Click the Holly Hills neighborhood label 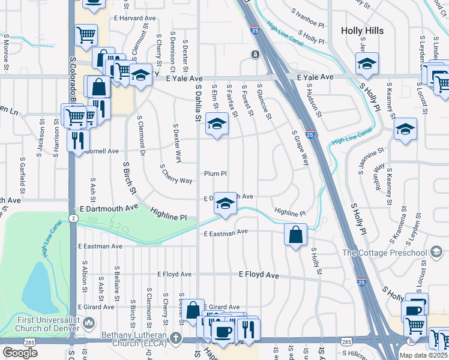tap(362, 30)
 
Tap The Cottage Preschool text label tap(384, 252)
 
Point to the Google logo tap(20, 353)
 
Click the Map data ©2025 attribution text tap(423, 356)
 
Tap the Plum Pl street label tap(215, 173)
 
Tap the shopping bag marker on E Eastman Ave tap(296, 235)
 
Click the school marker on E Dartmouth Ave tap(225, 203)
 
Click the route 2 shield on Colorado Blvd tap(73, 220)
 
